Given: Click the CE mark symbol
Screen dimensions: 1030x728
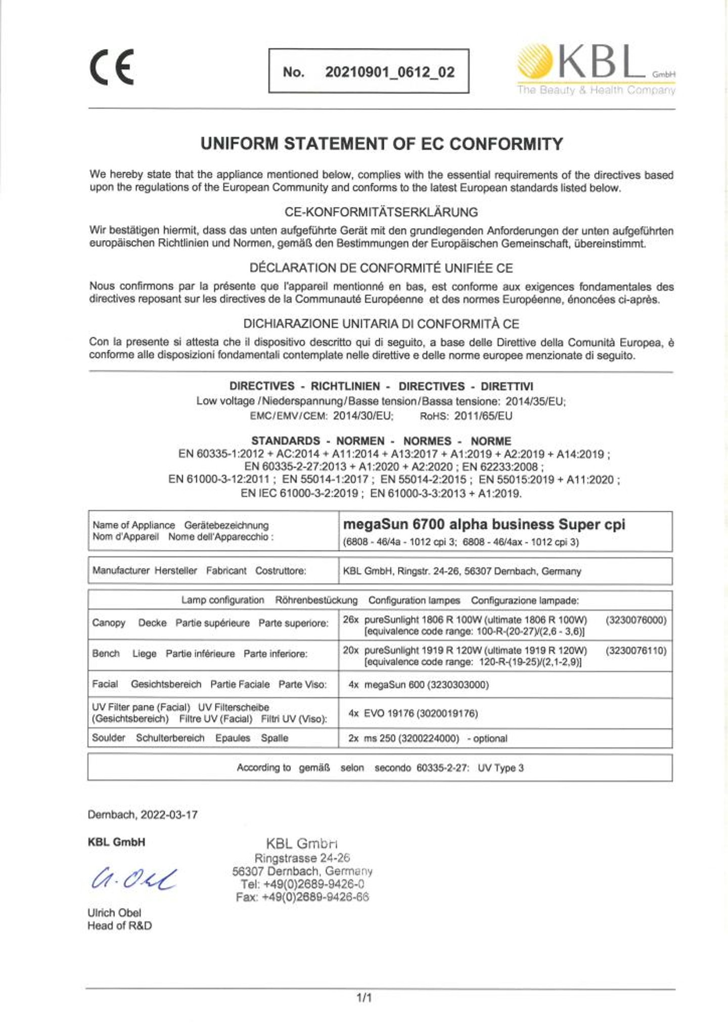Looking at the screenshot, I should [112, 67].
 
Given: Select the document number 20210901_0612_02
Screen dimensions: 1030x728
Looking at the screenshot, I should [390, 72].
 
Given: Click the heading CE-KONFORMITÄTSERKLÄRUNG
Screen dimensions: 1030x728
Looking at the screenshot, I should [381, 212].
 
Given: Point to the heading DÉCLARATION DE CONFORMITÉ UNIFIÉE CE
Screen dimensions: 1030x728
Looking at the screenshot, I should [381, 268].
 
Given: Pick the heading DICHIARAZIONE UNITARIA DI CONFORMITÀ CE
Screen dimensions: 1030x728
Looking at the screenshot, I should [381, 324].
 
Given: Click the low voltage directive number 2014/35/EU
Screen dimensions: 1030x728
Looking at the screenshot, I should [535, 401].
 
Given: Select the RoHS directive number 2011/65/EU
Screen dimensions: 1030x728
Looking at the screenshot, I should [483, 416].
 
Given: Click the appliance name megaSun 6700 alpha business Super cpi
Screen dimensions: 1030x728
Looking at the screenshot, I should [484, 524].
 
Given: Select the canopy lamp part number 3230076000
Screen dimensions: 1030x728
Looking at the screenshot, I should [636, 620].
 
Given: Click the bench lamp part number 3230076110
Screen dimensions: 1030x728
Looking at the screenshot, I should [636, 650].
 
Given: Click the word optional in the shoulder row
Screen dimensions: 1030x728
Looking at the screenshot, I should [490, 738].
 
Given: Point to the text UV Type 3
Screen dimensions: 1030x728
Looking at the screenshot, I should [500, 768].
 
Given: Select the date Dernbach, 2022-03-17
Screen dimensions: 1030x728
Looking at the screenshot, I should [143, 815].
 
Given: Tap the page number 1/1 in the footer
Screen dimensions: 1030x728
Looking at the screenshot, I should [364, 998].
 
